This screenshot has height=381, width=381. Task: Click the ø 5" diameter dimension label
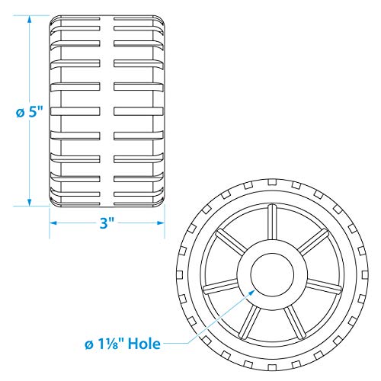[x=28, y=112]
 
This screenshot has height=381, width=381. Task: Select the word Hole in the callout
[x=144, y=344]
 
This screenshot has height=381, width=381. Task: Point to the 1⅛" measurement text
[x=110, y=344]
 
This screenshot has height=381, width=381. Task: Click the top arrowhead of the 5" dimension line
[x=30, y=20]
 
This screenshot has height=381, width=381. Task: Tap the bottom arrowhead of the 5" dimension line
[x=30, y=202]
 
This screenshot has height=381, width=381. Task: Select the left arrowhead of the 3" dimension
[x=53, y=223]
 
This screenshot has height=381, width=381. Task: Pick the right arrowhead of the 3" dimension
[x=161, y=223]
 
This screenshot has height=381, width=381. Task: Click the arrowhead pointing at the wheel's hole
[x=251, y=293]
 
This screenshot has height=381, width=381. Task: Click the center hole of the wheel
[x=272, y=275]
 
